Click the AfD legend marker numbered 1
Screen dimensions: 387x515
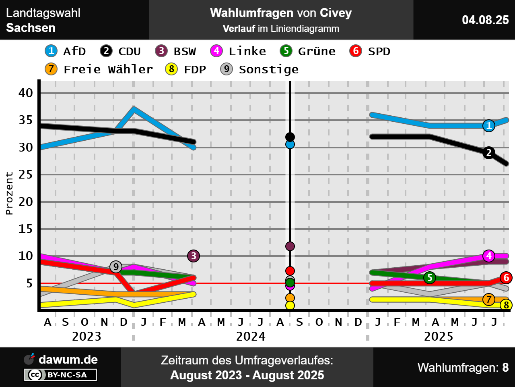coord(51,51)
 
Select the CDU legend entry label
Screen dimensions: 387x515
coord(129,52)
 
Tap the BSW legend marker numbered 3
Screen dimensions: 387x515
coord(161,51)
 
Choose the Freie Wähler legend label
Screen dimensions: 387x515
coord(108,69)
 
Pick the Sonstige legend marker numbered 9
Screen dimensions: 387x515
coord(227,69)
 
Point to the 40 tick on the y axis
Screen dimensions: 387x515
coord(26,93)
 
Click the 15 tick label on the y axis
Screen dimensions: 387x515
coord(26,229)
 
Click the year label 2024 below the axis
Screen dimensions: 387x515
coord(251,336)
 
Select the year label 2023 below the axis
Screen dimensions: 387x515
coord(87,336)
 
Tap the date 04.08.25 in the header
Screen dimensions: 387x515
coord(485,20)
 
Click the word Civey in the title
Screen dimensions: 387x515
coord(336,13)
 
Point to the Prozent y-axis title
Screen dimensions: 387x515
coord(9,193)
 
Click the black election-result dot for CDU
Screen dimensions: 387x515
coord(290,137)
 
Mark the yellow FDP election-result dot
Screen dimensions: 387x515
coord(290,306)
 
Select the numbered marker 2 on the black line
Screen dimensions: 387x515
coord(489,153)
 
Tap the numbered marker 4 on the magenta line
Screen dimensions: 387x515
coord(489,256)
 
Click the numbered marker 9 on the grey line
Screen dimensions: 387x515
coord(116,266)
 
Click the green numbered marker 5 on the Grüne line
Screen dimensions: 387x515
coord(430,277)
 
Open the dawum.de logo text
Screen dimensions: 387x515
coord(68,360)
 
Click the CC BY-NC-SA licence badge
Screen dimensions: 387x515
coord(61,375)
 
